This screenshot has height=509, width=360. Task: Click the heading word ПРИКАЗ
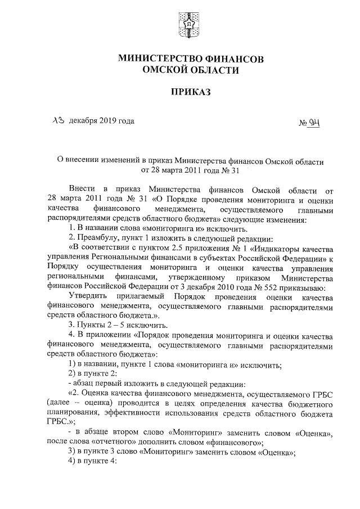(x=185, y=91)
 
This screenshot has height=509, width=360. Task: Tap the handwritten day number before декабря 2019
(x=58, y=120)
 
